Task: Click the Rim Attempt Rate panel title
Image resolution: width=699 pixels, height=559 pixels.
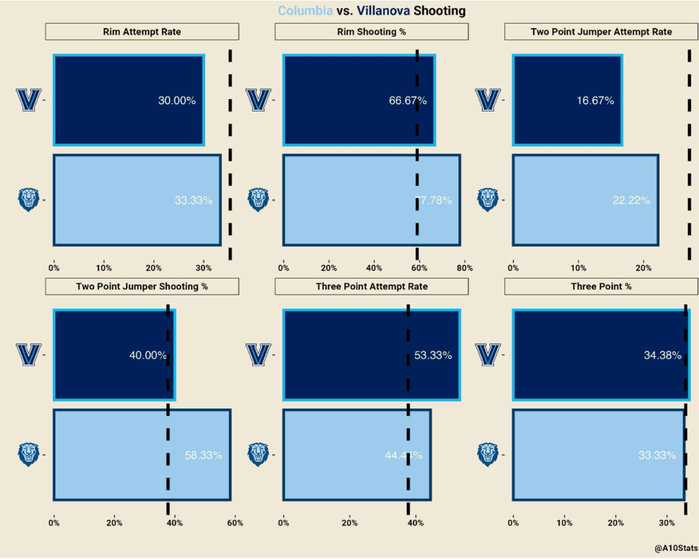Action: pos(142,31)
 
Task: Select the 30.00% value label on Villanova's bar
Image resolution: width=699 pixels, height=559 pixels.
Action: pos(177,101)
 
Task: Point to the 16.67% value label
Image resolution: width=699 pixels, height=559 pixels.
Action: pos(595,101)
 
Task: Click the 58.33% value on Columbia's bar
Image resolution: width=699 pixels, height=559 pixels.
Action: pos(204,455)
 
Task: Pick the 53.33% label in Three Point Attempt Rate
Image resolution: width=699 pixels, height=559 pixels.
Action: pos(433,356)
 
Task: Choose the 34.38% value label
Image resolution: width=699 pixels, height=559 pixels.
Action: pos(663,356)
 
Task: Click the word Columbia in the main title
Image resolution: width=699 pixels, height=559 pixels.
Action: pos(305,11)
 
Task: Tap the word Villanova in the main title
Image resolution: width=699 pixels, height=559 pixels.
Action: pos(384,11)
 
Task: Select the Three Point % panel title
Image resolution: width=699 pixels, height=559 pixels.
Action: pos(601,286)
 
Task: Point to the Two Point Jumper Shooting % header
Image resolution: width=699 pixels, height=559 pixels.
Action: pos(142,286)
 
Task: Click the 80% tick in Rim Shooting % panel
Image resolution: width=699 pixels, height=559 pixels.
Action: pos(465,269)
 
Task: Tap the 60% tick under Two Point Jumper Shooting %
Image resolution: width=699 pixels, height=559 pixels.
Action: pos(234,523)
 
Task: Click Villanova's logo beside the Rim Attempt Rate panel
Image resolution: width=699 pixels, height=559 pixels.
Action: pos(29,100)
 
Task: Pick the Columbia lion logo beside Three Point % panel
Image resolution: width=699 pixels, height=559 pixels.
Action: pos(488,454)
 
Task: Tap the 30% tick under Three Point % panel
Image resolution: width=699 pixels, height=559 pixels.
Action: pos(667,523)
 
